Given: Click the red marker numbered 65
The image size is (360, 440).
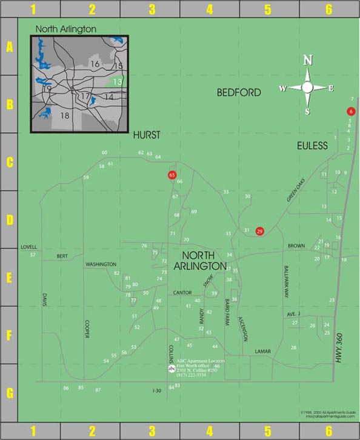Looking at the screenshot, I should [172, 175].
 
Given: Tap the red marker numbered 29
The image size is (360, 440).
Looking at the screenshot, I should [260, 231].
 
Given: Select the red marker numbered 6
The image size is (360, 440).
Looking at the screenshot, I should [350, 112].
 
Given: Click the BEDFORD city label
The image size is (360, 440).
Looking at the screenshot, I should [239, 93].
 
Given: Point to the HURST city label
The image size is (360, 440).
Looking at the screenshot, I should [147, 135].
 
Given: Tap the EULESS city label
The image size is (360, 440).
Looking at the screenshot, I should [312, 145].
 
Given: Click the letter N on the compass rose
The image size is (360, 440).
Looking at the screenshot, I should [308, 60].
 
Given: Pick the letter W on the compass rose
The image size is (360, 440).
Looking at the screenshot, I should [282, 88].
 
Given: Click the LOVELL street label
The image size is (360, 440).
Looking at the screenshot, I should [28, 247].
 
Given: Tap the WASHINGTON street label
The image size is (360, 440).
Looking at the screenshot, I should [101, 264].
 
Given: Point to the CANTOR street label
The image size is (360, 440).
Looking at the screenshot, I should [182, 293].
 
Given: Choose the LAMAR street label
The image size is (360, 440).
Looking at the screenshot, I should [262, 351].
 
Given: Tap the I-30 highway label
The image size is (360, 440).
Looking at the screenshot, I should [156, 391].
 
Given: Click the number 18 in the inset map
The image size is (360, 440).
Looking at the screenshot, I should [65, 115].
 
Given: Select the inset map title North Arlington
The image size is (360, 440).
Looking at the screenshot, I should [66, 28].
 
